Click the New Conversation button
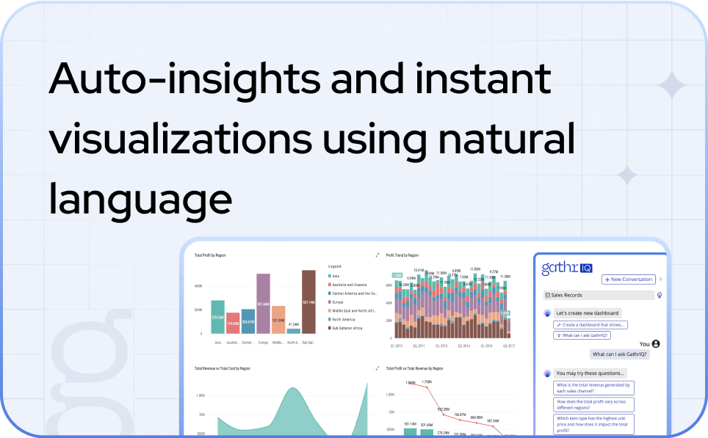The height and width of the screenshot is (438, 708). click(628, 280)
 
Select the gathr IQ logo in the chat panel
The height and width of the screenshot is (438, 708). click(566, 268)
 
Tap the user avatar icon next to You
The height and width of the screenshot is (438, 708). click(656, 343)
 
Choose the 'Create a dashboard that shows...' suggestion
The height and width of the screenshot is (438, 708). click(590, 324)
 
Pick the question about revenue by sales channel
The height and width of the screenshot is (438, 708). click(593, 388)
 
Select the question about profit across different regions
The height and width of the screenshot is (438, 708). click(593, 404)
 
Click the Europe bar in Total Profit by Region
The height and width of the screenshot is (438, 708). click(263, 304)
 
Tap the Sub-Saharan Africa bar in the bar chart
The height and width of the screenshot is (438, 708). click(308, 302)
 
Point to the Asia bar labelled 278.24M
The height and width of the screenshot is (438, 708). click(217, 317)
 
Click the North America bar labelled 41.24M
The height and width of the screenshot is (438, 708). click(293, 330)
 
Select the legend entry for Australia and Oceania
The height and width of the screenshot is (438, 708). click(349, 285)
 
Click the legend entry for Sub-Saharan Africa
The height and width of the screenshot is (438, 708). click(349, 328)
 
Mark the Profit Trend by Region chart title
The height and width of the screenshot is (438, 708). click(402, 255)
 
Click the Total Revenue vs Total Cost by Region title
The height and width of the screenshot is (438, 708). click(222, 368)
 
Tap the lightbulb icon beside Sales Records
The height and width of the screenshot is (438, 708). click(660, 296)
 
